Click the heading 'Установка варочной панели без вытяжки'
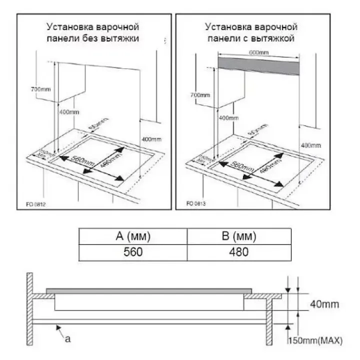(93, 31)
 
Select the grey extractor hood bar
(259, 65)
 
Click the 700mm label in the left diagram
(39, 89)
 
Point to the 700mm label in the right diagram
(200, 94)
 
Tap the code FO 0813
(196, 203)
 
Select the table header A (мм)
(133, 236)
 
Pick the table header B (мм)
(239, 236)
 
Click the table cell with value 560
(133, 252)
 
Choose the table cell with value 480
(239, 252)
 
